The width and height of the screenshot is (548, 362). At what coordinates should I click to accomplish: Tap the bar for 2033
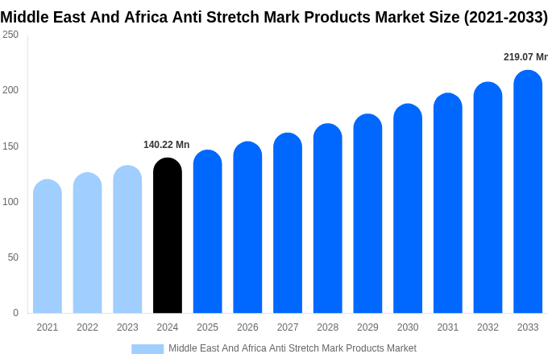pyautogui.click(x=528, y=192)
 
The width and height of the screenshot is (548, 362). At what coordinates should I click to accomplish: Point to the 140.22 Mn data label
pyautogui.click(x=166, y=145)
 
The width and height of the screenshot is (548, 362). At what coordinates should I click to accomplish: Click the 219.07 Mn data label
pyautogui.click(x=525, y=57)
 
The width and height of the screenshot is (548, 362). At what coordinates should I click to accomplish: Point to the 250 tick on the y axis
pyautogui.click(x=10, y=35)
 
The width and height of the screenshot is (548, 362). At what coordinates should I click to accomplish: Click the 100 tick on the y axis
pyautogui.click(x=10, y=202)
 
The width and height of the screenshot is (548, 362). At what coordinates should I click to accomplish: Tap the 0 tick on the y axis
pyautogui.click(x=15, y=313)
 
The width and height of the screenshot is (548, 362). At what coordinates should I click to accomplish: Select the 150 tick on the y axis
pyautogui.click(x=10, y=146)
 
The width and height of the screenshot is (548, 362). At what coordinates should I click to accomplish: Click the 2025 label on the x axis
pyautogui.click(x=207, y=327)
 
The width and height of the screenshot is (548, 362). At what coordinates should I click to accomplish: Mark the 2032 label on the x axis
pyautogui.click(x=488, y=327)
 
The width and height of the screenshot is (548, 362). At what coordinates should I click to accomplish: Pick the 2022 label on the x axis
pyautogui.click(x=87, y=327)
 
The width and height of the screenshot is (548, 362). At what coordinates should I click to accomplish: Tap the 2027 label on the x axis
pyautogui.click(x=288, y=327)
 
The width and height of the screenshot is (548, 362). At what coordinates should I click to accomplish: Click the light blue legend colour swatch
pyautogui.click(x=147, y=348)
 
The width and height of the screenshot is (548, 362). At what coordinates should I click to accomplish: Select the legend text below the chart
pyautogui.click(x=292, y=348)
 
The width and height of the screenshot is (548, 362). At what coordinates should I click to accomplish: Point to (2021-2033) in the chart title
pyautogui.click(x=505, y=17)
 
